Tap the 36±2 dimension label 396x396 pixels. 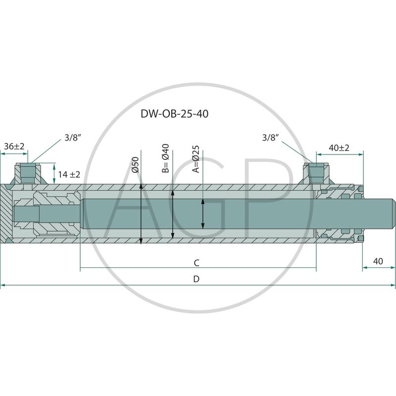click(14, 147)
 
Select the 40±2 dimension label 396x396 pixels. click(339, 148)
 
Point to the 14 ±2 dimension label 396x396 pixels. click(69, 174)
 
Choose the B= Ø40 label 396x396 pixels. click(166, 158)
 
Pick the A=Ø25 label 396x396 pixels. click(196, 159)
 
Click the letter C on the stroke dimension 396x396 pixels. click(197, 262)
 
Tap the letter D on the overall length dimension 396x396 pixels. click(196, 279)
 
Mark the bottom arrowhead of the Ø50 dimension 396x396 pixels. click(142, 241)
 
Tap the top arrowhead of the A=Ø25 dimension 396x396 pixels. click(203, 202)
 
